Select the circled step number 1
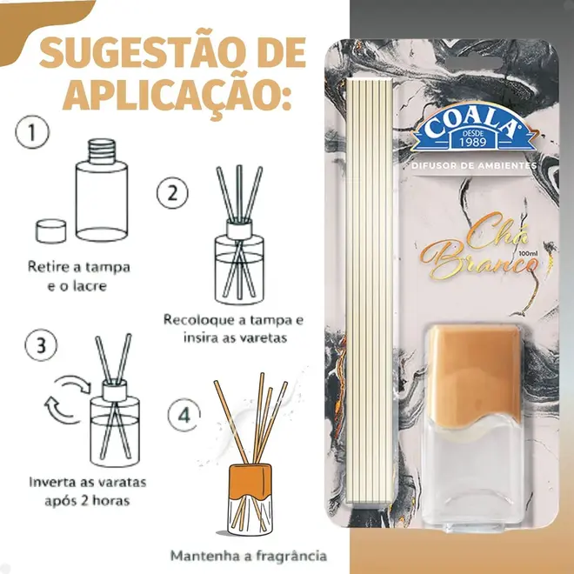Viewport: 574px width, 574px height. [32, 132]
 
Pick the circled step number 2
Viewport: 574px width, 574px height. [172, 193]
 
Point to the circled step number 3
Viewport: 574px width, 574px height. [41, 345]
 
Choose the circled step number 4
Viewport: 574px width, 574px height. [184, 415]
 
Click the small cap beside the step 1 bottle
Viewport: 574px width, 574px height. [51, 231]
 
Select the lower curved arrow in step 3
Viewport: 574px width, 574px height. [61, 411]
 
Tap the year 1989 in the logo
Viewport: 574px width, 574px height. [473, 141]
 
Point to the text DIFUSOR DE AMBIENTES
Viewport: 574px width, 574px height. [474, 165]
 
